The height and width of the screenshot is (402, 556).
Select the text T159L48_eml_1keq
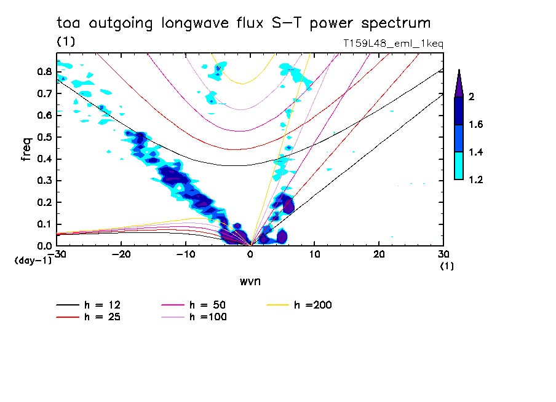(x=392, y=44)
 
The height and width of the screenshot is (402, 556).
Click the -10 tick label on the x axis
(x=185, y=254)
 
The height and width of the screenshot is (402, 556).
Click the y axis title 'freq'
(x=26, y=149)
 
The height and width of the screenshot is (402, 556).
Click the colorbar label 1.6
(x=477, y=124)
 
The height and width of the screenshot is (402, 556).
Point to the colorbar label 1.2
(x=477, y=179)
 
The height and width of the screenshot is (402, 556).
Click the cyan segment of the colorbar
(x=458, y=165)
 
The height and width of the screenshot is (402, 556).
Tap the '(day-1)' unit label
(x=33, y=261)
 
